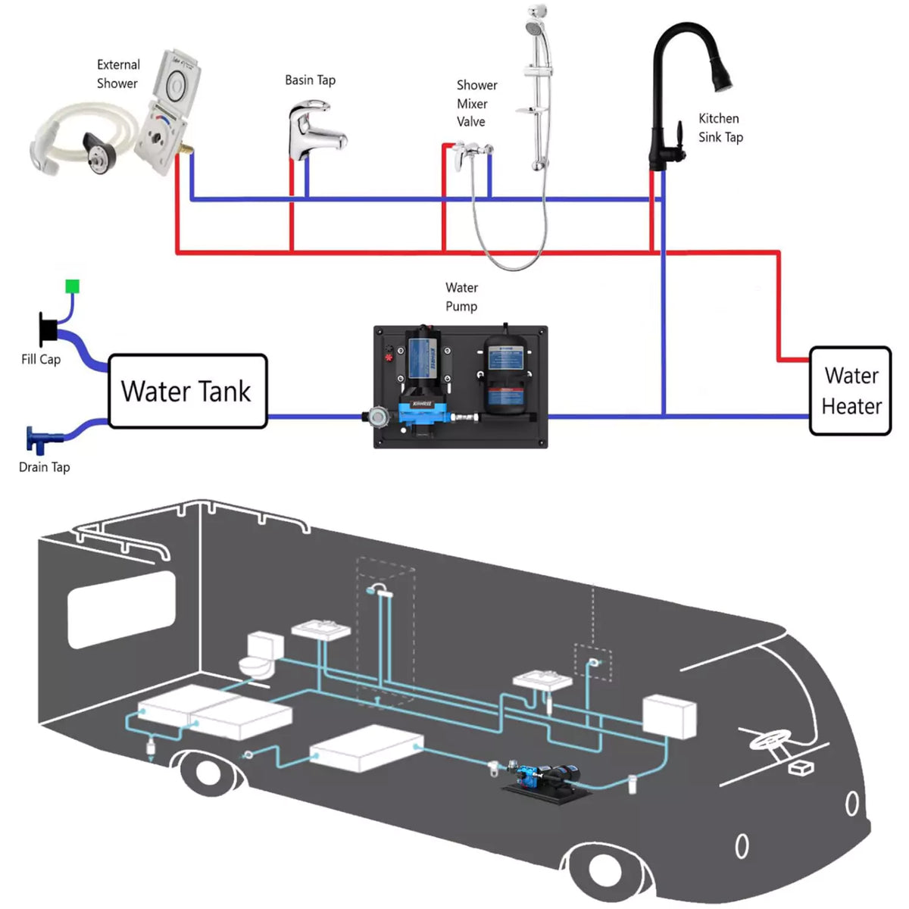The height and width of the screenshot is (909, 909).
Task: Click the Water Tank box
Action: click(187, 392)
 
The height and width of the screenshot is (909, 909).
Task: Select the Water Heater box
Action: click(850, 391)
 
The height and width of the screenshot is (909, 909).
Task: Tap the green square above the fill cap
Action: click(72, 286)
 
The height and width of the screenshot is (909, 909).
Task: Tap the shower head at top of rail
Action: click(535, 27)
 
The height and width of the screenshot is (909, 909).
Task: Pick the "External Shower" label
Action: click(118, 74)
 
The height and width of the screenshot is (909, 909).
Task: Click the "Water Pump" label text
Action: click(461, 297)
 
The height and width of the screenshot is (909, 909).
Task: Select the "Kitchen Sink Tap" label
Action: click(720, 128)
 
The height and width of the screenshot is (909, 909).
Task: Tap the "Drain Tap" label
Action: click(44, 467)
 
